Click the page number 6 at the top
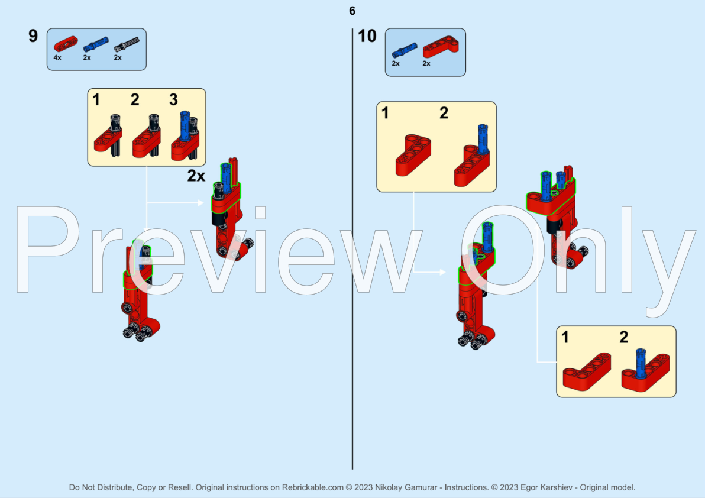coord(353,11)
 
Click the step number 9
coord(33,36)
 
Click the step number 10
coord(367,36)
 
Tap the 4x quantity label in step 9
coord(57,58)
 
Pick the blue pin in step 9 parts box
coord(96,44)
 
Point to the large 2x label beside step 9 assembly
coord(196,176)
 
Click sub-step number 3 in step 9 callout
coord(173,99)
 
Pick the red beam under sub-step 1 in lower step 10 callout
coord(587,371)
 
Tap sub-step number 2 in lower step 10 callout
coord(623,338)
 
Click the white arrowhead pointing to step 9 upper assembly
coord(200,203)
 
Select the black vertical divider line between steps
coord(353,248)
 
